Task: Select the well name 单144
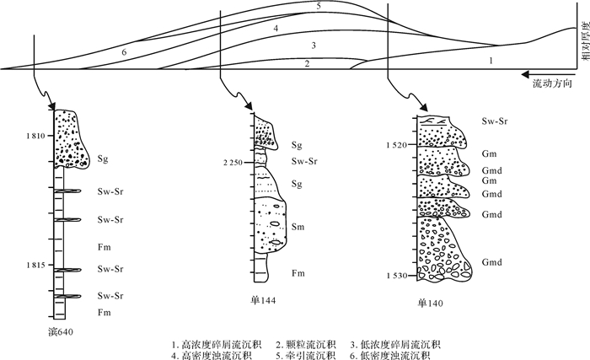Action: click(262, 300)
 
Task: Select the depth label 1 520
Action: click(394, 146)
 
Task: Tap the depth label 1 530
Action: click(394, 277)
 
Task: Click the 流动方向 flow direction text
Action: click(551, 85)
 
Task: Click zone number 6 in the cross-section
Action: click(124, 52)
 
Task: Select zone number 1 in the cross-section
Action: click(491, 61)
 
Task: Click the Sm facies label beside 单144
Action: click(298, 227)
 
